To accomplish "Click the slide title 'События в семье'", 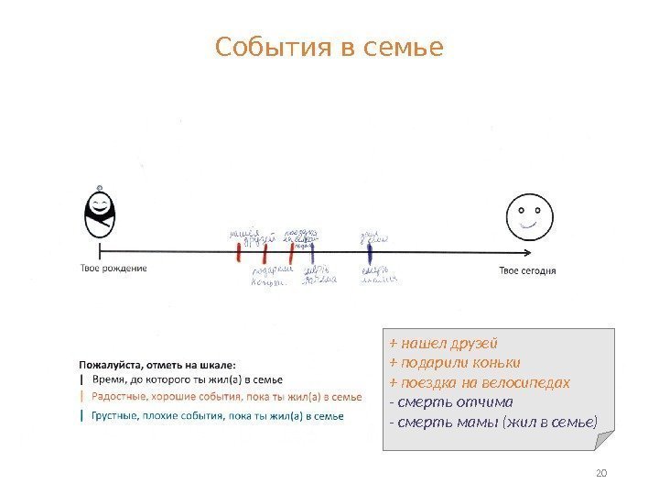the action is coord(329,46).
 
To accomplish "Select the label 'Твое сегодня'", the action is coord(527,269).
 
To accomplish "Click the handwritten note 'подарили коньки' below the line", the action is coord(270,276).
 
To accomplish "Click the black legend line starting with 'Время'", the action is coord(187,379).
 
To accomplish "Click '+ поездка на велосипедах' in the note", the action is coord(480,382).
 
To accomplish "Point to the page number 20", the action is coord(601,473).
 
